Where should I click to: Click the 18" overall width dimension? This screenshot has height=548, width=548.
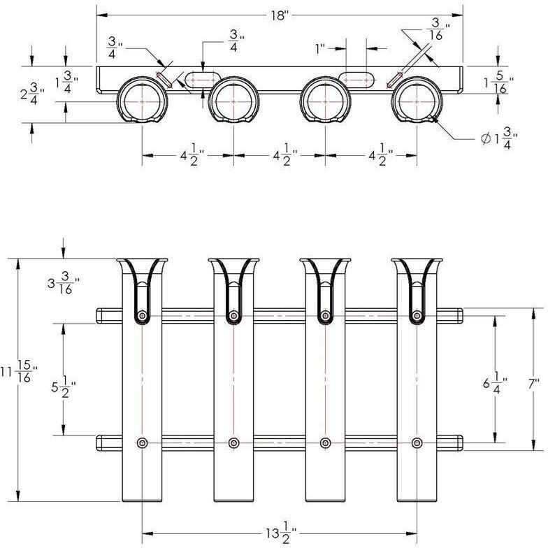pos(279,15)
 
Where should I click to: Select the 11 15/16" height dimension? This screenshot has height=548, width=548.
pos(20,372)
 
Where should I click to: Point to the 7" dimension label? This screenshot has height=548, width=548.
pos(534,384)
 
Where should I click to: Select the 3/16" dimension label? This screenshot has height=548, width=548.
pos(438,29)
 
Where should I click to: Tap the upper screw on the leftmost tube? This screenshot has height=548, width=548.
pos(142,316)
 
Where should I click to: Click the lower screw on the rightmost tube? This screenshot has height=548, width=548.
pos(417,443)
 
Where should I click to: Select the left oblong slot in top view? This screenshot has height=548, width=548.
pos(203,80)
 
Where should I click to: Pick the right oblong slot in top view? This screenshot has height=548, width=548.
pos(356,80)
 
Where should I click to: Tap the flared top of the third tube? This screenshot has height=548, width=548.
pos(326,266)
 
